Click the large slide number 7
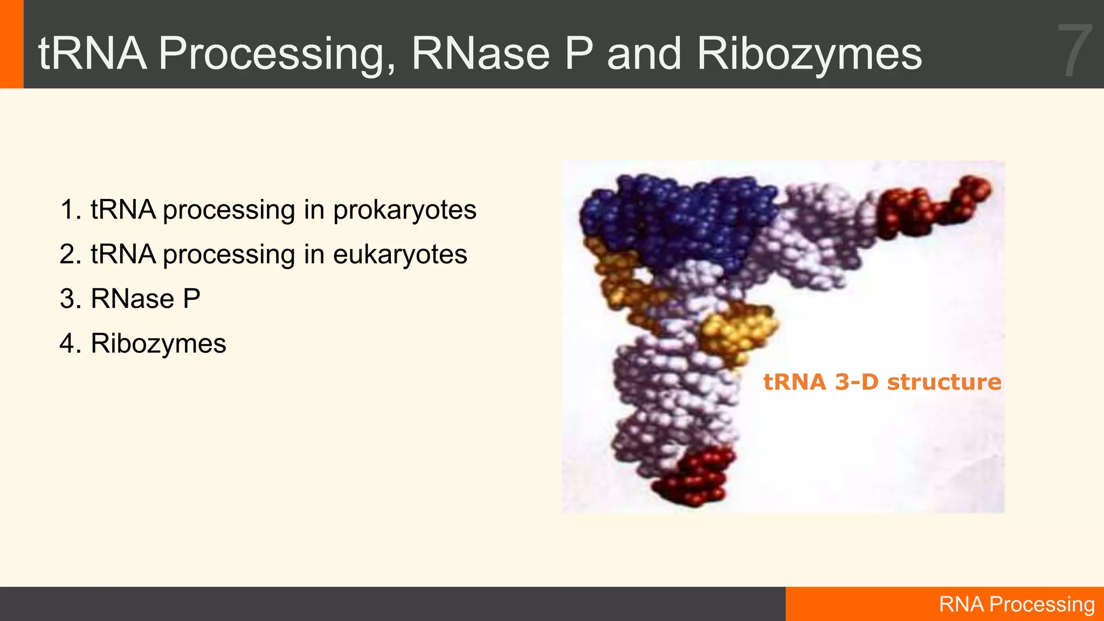tap(1074, 51)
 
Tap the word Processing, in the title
tap(277, 54)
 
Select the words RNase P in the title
tap(502, 54)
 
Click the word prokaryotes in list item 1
tap(404, 210)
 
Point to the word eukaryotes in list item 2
tap(399, 254)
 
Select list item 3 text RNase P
tap(145, 299)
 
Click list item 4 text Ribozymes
tap(158, 343)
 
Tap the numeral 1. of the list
tap(71, 210)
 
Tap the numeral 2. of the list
tap(71, 254)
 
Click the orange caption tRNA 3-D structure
tap(882, 382)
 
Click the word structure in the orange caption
tap(944, 382)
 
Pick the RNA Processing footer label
tap(1016, 604)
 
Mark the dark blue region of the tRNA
tap(679, 216)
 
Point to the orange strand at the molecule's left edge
tap(620, 280)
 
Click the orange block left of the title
tap(11, 44)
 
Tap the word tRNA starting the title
tap(92, 54)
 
